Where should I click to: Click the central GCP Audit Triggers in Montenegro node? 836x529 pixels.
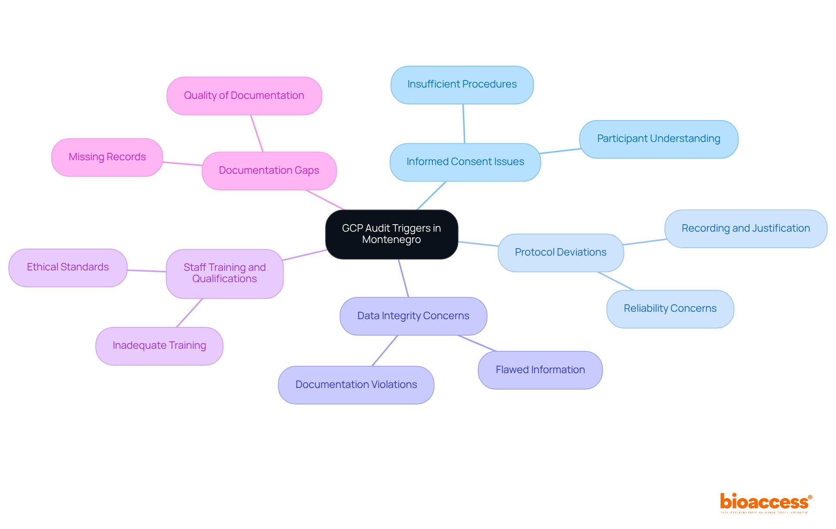pos(391,234)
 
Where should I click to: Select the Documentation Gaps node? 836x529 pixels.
pos(269,171)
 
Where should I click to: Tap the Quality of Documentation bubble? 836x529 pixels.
pos(244,96)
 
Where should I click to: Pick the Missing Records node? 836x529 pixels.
pos(107,157)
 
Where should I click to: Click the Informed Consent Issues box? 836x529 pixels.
pos(465,162)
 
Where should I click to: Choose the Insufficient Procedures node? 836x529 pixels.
pos(462,84)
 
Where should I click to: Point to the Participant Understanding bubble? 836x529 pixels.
pos(658,139)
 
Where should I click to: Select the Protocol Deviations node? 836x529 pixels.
pos(560,253)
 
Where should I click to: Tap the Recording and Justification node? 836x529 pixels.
pos(745,229)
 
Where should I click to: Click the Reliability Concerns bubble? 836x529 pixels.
pos(670,309)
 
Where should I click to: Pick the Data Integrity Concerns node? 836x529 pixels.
pos(413,316)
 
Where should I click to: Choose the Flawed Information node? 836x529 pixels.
pos(540,370)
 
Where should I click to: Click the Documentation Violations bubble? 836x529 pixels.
pos(356,385)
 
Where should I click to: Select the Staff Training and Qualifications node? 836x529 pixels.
pos(225,273)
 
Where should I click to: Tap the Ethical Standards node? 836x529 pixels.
pos(68,267)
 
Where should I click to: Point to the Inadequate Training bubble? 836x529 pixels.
pos(159,346)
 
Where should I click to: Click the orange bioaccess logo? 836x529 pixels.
pos(765,502)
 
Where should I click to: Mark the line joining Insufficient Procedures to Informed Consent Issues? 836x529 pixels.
pos(464,124)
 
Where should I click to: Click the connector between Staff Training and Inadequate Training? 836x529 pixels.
pos(189,313)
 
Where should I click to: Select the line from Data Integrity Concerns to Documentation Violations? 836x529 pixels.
pos(384,351)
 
